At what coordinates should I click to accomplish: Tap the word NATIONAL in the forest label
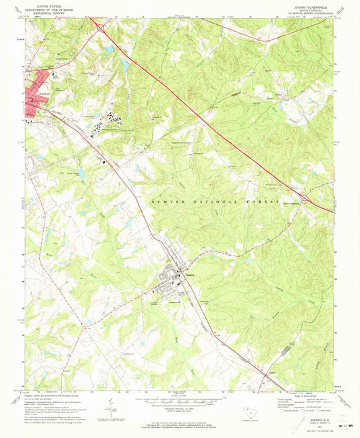pyautogui.click(x=201, y=201)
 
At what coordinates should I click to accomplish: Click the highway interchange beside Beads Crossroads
pyautogui.click(x=305, y=197)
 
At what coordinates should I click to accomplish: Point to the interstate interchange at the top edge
pyautogui.click(x=99, y=27)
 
